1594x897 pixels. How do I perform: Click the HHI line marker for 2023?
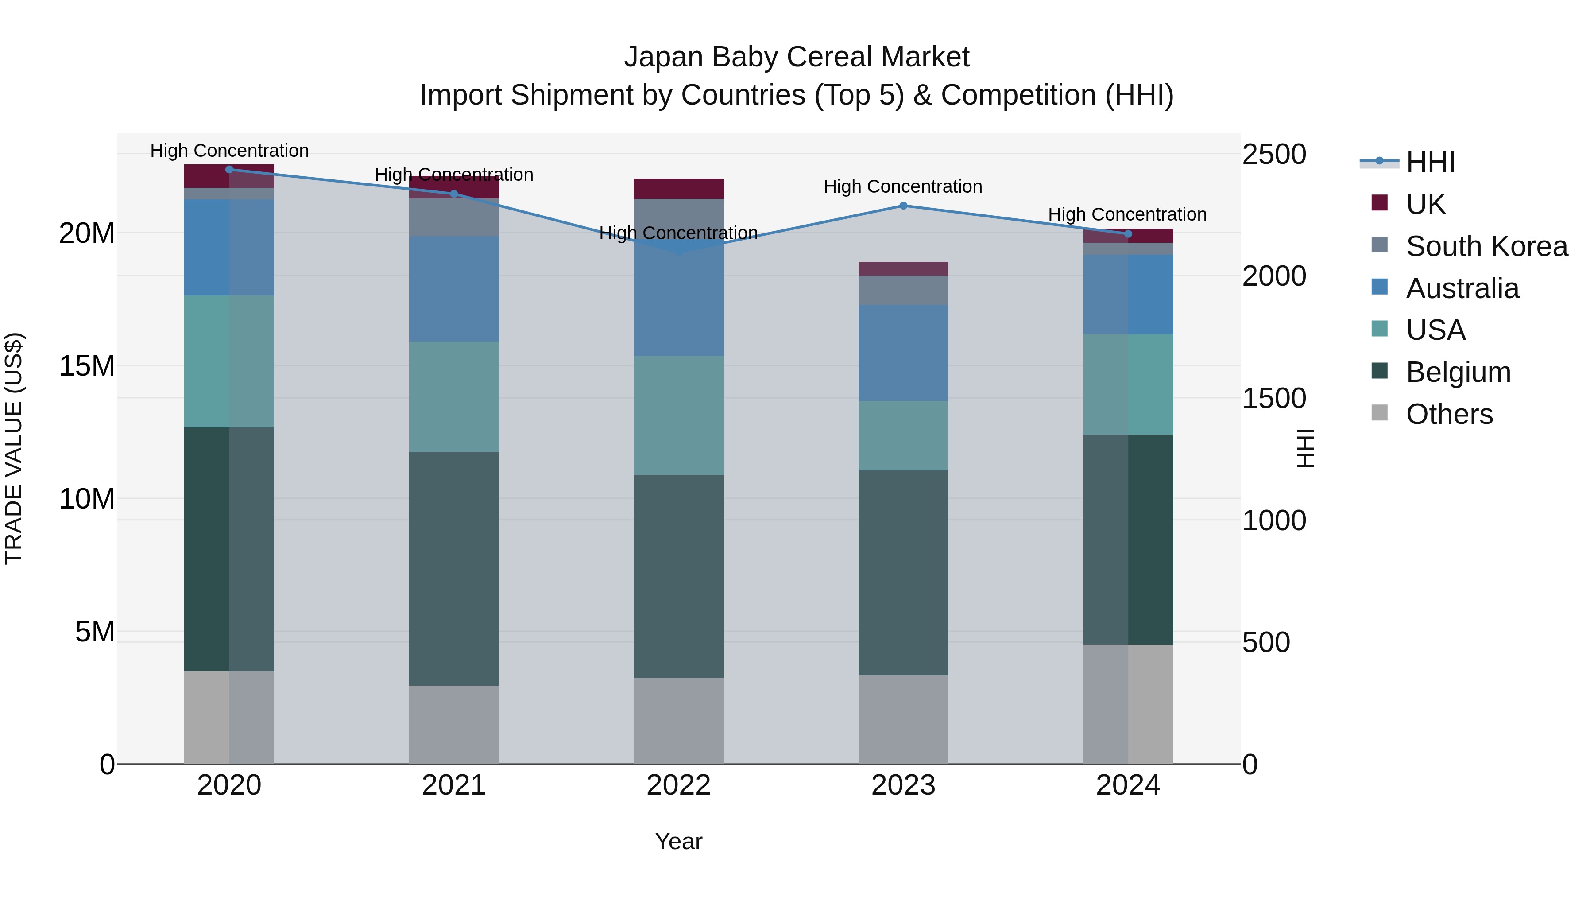coord(903,206)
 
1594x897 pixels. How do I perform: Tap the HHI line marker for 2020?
coord(229,170)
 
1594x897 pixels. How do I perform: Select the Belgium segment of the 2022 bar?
coord(678,576)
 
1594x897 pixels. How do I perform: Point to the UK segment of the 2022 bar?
coord(678,188)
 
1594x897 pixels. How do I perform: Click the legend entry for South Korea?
coord(1486,246)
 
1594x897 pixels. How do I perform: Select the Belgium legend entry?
coord(1458,372)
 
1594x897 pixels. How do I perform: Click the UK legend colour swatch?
coord(1379,203)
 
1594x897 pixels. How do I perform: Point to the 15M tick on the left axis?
coord(87,366)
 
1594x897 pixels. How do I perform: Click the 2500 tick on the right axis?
coord(1274,154)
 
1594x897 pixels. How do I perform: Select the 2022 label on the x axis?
coord(678,785)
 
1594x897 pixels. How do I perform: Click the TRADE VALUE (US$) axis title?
coord(14,448)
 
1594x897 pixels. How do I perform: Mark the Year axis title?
coord(678,841)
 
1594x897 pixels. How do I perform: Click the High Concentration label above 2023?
coord(903,186)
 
